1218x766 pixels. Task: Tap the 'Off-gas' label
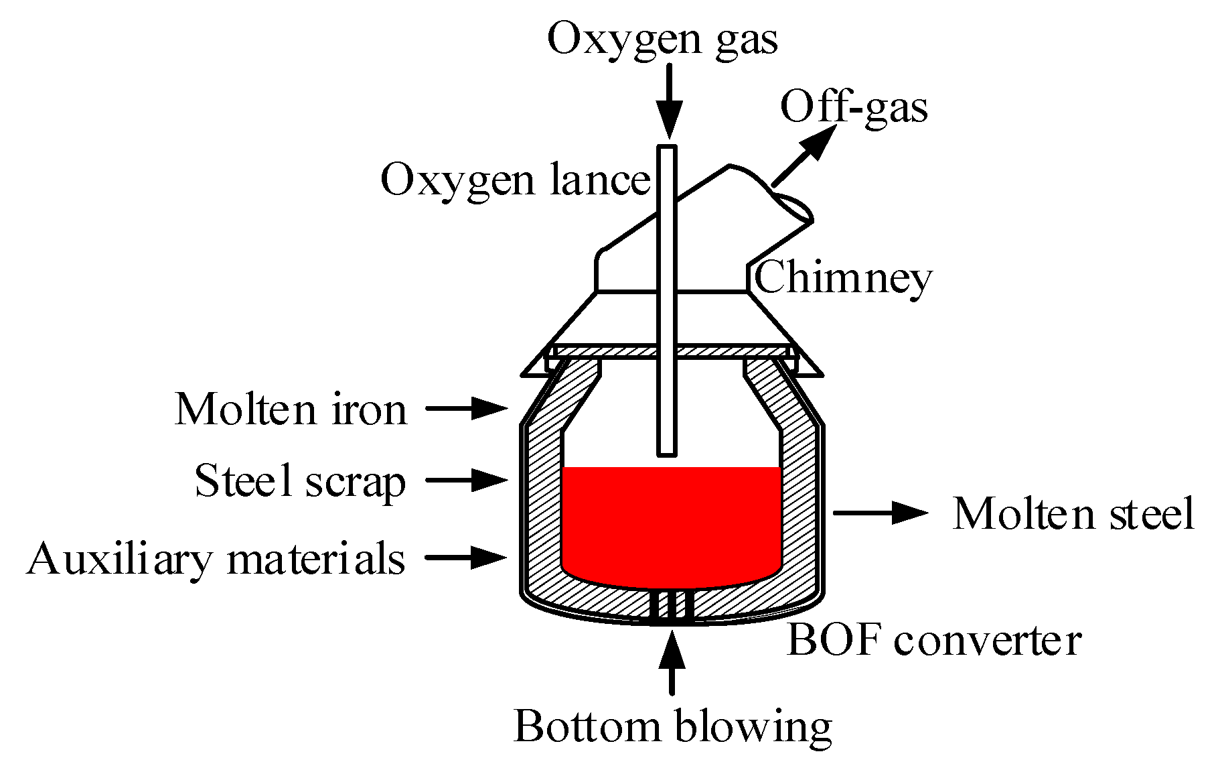point(854,108)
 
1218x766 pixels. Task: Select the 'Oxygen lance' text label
point(515,180)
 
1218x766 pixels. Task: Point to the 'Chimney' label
point(843,278)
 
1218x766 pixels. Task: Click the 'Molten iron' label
point(291,409)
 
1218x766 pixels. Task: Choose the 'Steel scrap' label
point(300,482)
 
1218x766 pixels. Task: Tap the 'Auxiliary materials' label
point(216,559)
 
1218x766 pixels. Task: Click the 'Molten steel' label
point(1073,514)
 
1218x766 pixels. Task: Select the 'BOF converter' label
point(934,640)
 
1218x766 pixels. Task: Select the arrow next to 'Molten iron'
point(467,407)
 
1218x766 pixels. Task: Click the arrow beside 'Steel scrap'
point(467,480)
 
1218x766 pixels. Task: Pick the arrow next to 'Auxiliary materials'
point(467,556)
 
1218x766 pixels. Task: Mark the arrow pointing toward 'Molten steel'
point(881,513)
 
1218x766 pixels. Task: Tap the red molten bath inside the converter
point(671,523)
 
